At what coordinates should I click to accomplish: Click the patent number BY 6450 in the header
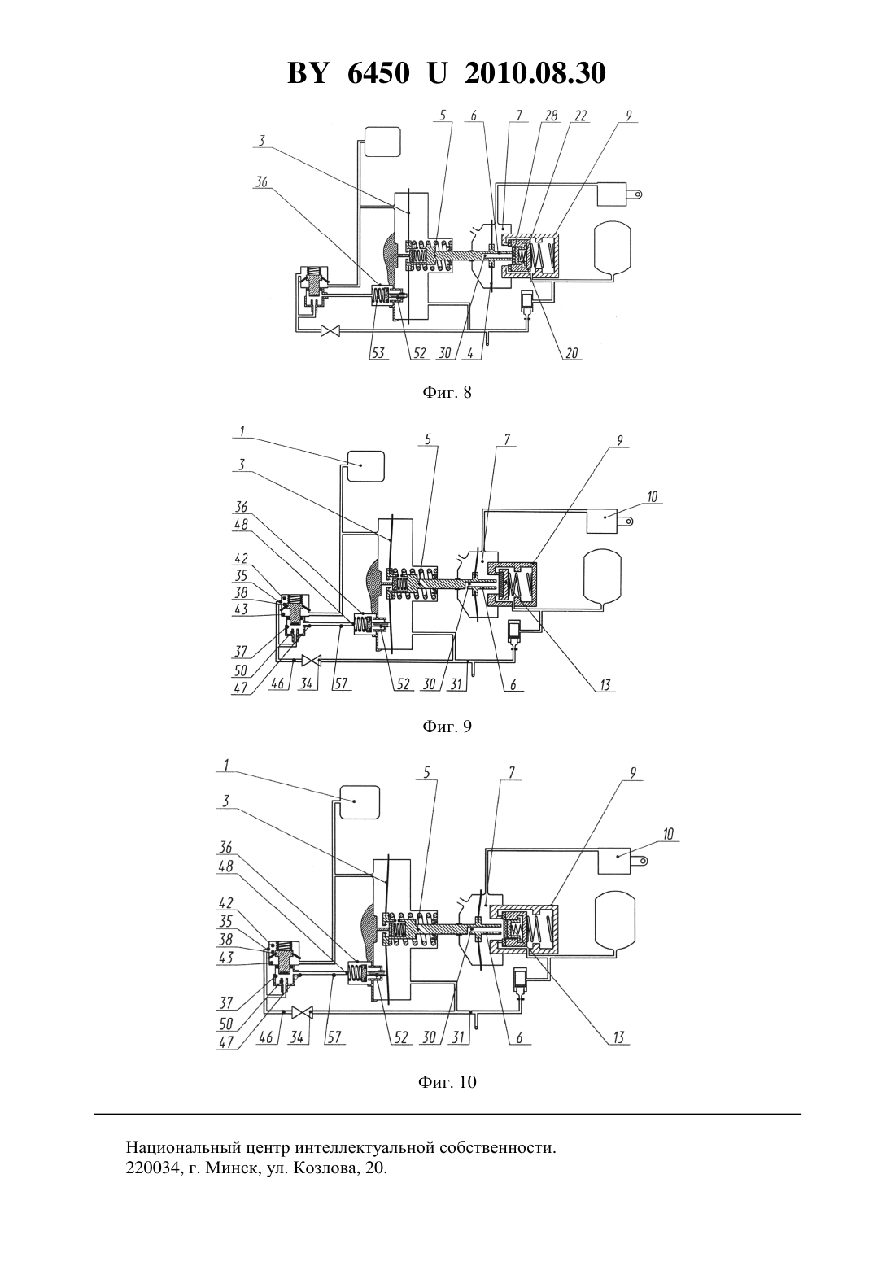pyautogui.click(x=348, y=73)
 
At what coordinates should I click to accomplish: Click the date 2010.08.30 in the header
pyautogui.click(x=535, y=73)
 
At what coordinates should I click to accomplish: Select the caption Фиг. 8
pyautogui.click(x=447, y=393)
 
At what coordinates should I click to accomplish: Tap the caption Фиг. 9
pyautogui.click(x=447, y=727)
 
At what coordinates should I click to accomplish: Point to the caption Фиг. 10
pyautogui.click(x=447, y=1082)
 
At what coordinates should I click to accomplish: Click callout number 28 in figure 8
pyautogui.click(x=551, y=116)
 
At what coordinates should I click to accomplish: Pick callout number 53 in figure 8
pyautogui.click(x=378, y=353)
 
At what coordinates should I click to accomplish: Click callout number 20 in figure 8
pyautogui.click(x=571, y=353)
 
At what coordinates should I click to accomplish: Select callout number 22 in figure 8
pyautogui.click(x=580, y=116)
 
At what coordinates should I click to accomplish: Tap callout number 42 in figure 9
pyautogui.click(x=242, y=559)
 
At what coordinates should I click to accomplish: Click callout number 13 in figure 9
pyautogui.click(x=605, y=685)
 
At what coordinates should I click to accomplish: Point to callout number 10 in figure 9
pyautogui.click(x=652, y=497)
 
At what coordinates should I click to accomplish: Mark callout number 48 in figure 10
pyautogui.click(x=225, y=866)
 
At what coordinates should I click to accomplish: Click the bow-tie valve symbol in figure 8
pyautogui.click(x=329, y=330)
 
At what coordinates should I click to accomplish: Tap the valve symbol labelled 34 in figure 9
pyautogui.click(x=311, y=660)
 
